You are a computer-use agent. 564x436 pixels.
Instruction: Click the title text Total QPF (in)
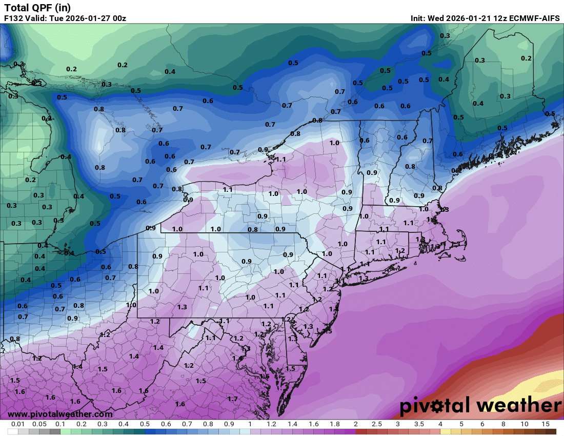(x=37, y=8)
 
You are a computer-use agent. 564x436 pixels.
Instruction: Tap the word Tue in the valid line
(x=56, y=18)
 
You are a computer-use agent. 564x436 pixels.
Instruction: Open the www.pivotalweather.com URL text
(x=60, y=414)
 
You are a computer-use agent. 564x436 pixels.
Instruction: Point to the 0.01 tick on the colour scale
(x=18, y=424)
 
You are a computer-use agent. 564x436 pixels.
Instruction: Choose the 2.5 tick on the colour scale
(x=376, y=424)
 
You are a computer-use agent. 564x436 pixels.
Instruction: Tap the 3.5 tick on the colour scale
(x=419, y=424)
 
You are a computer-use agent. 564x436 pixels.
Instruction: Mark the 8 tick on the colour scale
(x=503, y=424)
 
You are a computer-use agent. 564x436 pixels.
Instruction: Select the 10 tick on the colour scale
(x=524, y=424)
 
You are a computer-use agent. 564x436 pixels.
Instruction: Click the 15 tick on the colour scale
(x=545, y=424)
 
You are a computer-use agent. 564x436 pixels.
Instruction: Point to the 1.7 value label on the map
(x=232, y=399)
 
